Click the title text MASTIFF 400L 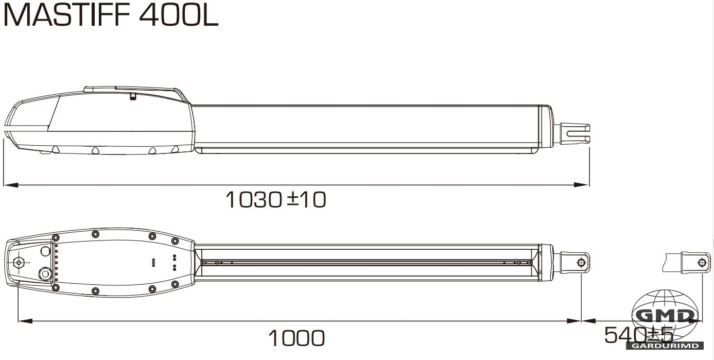point(111,15)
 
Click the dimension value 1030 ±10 point(276,200)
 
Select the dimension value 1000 point(297,338)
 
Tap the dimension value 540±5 point(638,335)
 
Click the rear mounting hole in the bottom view point(19,262)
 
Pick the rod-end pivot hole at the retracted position point(581,263)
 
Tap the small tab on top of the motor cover point(133,96)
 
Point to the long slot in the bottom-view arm point(368,262)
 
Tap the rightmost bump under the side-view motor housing point(175,150)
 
